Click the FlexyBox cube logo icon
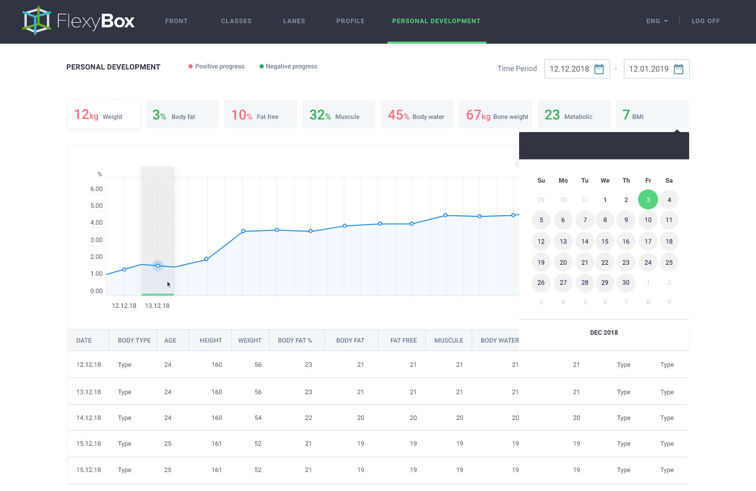pyautogui.click(x=37, y=21)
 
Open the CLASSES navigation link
pyautogui.click(x=236, y=21)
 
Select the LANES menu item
pyautogui.click(x=294, y=21)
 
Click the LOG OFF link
pyautogui.click(x=705, y=21)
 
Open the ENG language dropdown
pyautogui.click(x=656, y=21)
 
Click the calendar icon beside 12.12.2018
pyautogui.click(x=599, y=69)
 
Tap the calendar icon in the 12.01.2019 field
pyautogui.click(x=679, y=69)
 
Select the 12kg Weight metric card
pyautogui.click(x=104, y=114)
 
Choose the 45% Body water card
pyautogui.click(x=416, y=114)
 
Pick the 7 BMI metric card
pyautogui.click(x=652, y=114)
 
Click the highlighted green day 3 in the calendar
pyautogui.click(x=648, y=199)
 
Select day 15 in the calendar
pyautogui.click(x=605, y=242)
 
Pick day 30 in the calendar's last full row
pyautogui.click(x=626, y=283)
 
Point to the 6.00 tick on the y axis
pyautogui.click(x=96, y=189)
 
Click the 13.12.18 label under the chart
pyautogui.click(x=157, y=306)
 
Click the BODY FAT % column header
pyautogui.click(x=295, y=340)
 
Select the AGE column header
pyautogui.click(x=170, y=340)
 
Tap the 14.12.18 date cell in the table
pyautogui.click(x=88, y=418)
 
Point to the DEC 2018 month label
pyautogui.click(x=604, y=333)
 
